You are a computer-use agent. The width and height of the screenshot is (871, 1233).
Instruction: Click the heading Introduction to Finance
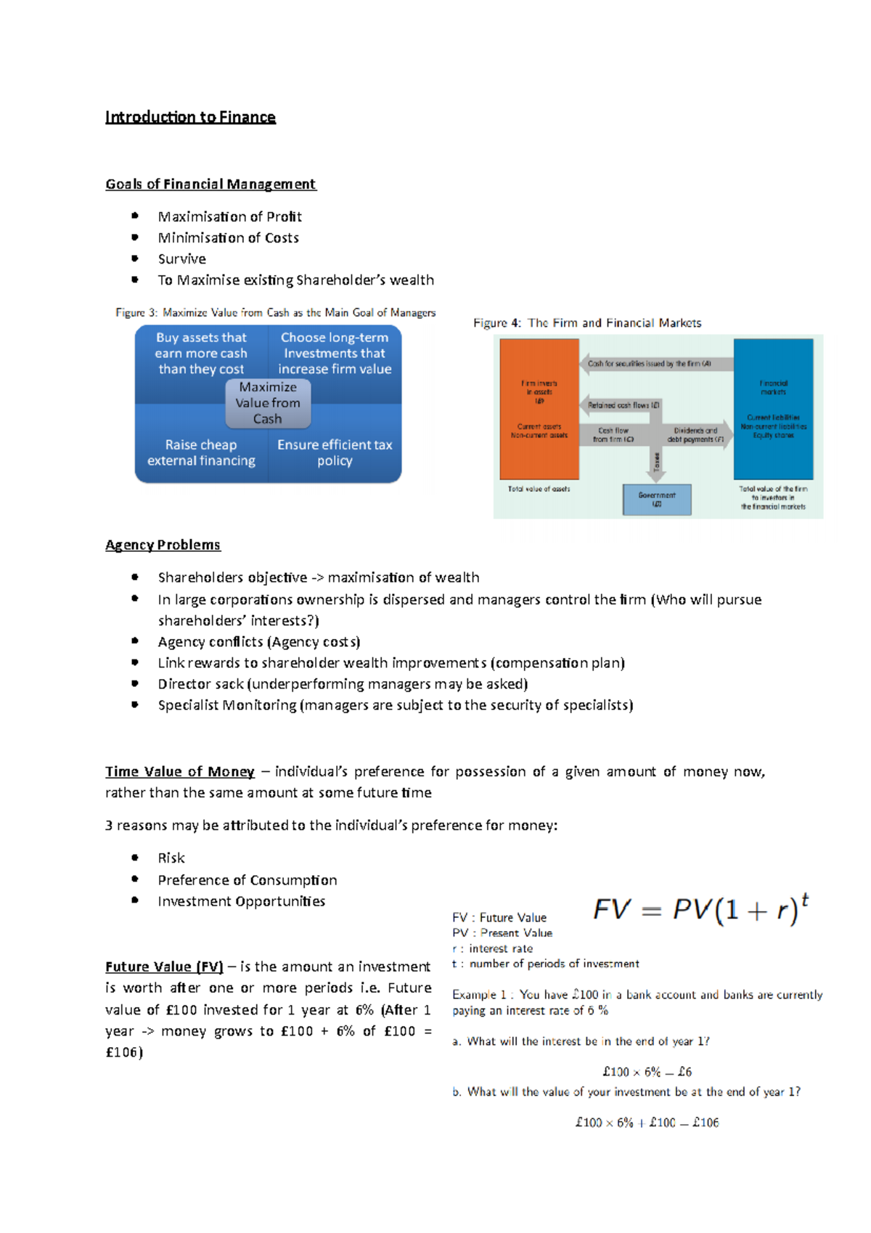point(190,117)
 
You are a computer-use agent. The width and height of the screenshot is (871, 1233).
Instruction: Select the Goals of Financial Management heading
point(210,184)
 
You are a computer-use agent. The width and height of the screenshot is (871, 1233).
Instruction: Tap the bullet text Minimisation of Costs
point(228,237)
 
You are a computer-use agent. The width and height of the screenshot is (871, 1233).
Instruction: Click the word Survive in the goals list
point(181,259)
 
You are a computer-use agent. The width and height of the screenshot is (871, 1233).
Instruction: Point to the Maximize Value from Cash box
point(268,403)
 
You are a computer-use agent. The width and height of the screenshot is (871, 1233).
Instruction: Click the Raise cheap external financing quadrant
point(201,452)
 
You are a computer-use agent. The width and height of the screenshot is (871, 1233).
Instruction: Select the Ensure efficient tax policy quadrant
point(335,452)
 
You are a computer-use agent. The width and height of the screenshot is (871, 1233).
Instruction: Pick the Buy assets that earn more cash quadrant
point(201,353)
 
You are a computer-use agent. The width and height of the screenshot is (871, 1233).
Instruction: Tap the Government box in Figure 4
point(657,499)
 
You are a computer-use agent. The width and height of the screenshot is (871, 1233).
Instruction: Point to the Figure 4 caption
point(587,323)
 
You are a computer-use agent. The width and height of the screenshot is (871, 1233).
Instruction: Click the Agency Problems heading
point(163,545)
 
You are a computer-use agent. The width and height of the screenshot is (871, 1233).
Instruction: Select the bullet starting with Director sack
point(343,684)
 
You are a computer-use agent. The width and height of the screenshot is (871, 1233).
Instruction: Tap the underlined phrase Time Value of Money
point(180,771)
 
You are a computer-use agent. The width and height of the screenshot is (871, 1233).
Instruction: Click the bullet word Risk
point(171,858)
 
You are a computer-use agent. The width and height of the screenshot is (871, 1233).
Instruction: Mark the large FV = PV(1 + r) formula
point(700,909)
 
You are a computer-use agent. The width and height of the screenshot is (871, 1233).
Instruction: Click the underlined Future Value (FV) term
point(164,967)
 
